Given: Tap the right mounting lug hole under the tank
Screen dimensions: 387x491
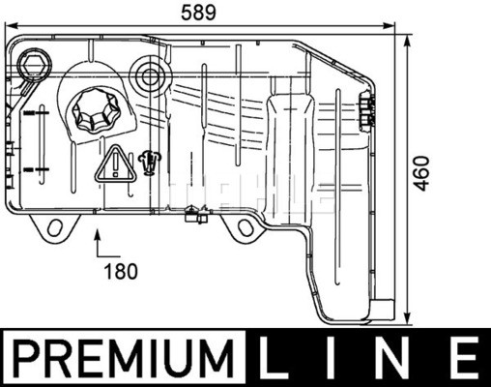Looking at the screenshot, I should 245,229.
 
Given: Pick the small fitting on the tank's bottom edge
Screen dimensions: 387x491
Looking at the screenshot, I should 197,215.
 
